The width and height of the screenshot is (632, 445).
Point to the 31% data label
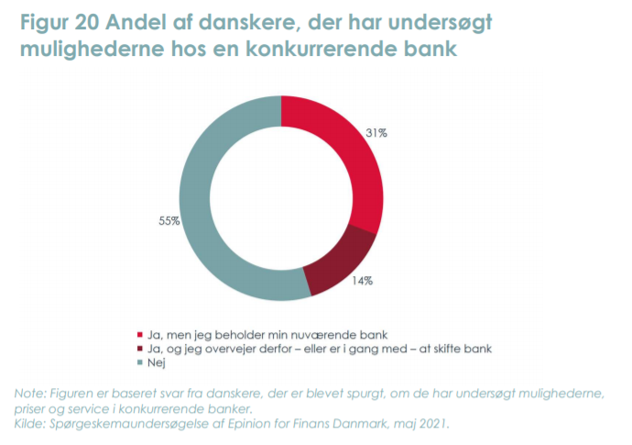tap(376, 134)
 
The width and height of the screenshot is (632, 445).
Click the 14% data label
tap(363, 281)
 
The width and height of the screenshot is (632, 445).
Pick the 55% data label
tap(168, 221)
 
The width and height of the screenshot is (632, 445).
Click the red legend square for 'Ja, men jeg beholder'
tap(140, 335)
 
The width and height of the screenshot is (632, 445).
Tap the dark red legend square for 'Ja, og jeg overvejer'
tap(140, 349)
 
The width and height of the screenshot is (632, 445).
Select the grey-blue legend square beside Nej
tap(140, 362)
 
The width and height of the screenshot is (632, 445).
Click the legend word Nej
tap(157, 362)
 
